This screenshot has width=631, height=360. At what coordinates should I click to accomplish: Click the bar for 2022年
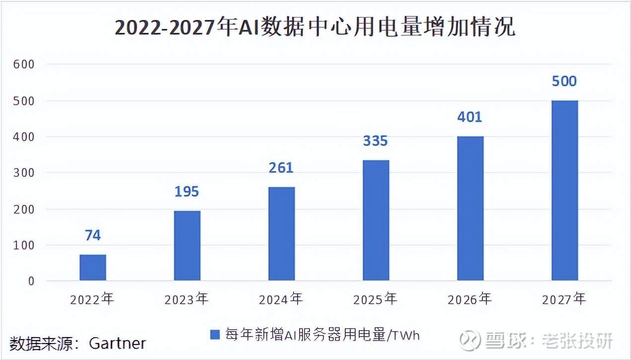pos(93,268)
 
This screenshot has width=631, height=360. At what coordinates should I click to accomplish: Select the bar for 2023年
pos(187,246)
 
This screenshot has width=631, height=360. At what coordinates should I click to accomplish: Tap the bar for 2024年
pos(282,234)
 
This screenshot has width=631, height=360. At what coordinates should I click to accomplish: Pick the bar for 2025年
pos(376,220)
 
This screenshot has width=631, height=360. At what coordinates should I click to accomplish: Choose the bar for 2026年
pos(470,208)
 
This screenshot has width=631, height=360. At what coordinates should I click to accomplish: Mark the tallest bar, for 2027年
pos(564,190)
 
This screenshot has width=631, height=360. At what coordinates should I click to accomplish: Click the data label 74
pos(93,235)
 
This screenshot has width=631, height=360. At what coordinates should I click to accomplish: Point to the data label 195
pos(187,191)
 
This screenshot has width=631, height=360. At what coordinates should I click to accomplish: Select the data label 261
pos(281,168)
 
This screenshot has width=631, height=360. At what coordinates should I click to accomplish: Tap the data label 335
pos(375,141)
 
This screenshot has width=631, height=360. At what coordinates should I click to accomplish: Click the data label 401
pos(470,117)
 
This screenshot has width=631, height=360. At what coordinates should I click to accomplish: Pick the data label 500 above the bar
pos(564,81)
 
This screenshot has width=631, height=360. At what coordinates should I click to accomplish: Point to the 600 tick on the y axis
pos(24,64)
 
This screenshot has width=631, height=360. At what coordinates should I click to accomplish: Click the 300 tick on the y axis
pos(24,173)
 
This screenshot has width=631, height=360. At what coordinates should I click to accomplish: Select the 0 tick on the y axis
pos(31,281)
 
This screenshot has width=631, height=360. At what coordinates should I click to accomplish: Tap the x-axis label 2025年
pos(375,299)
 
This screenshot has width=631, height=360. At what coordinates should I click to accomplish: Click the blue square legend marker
pos(215,335)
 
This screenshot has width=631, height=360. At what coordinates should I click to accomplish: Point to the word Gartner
pos(118,343)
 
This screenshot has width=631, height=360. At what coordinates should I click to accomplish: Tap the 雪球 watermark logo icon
pos(470,341)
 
